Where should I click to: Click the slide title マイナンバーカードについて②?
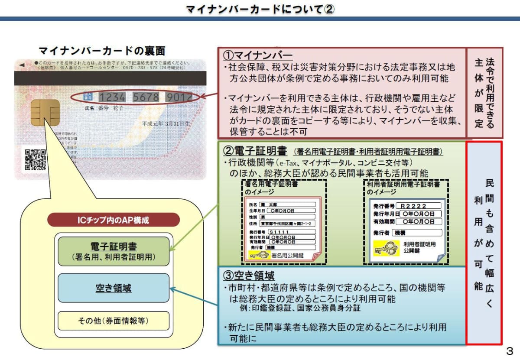pyautogui.click(x=260, y=9)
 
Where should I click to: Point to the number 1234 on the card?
pyautogui.click(x=114, y=97)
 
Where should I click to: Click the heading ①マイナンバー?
pyautogui.click(x=258, y=55)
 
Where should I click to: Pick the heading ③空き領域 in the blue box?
pyautogui.click(x=249, y=276)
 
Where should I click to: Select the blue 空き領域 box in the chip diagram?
pyautogui.click(x=114, y=288)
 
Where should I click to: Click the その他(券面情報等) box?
pyautogui.click(x=114, y=321)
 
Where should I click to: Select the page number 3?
pyautogui.click(x=509, y=350)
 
